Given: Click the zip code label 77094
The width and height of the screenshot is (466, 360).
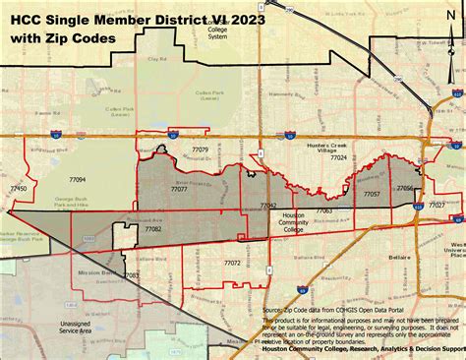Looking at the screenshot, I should click(x=78, y=180).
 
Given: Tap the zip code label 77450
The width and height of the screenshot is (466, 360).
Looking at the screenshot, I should click(x=18, y=187).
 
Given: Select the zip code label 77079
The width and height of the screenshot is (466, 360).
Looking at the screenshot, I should click(x=200, y=150).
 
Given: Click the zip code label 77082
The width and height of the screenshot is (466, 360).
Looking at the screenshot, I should click(x=153, y=228).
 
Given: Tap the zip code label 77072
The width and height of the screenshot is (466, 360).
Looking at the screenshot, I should click(x=232, y=263).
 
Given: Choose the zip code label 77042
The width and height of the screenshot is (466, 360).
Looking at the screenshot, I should click(x=268, y=206).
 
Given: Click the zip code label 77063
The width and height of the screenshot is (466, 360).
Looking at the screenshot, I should click(x=323, y=210).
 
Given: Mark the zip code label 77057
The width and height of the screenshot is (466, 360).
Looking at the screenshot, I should click(x=372, y=195).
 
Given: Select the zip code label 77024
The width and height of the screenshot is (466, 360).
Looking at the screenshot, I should click(x=338, y=156).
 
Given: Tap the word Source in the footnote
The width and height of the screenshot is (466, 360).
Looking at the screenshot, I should click(x=273, y=309).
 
